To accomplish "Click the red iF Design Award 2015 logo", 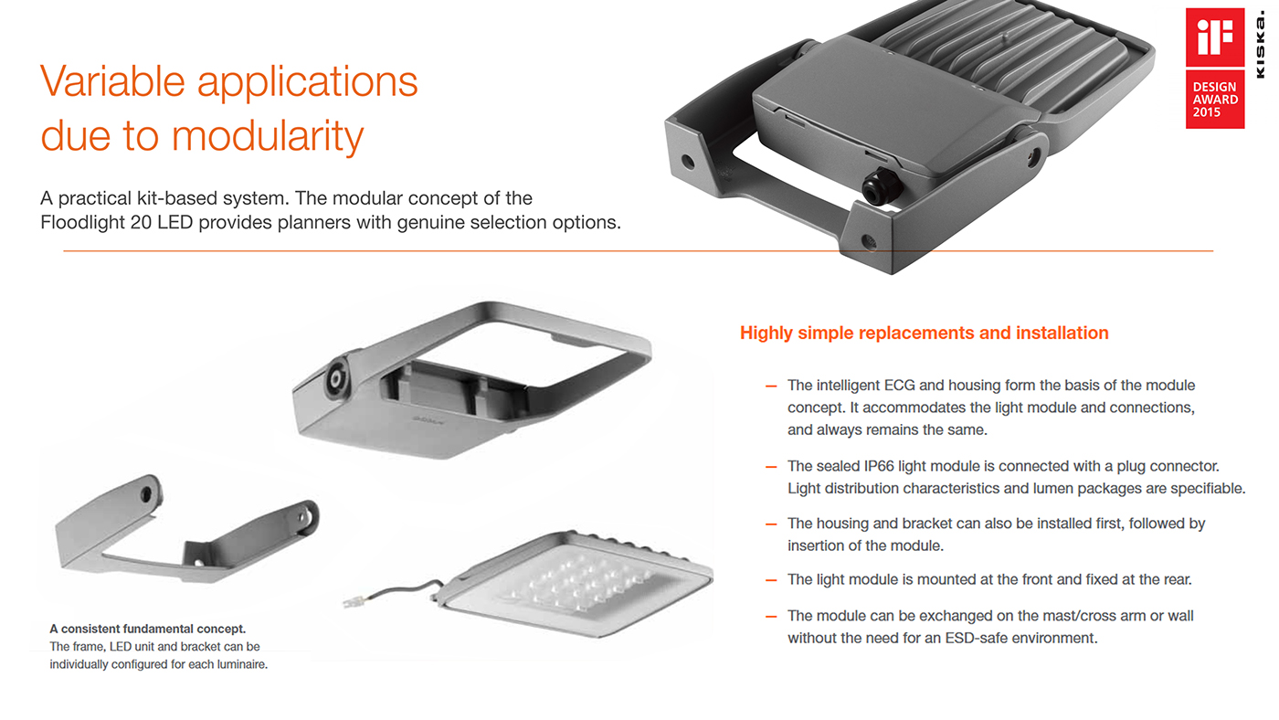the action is (1214, 68).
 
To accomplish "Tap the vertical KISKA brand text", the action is (1260, 44).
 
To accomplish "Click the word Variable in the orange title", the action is (112, 81).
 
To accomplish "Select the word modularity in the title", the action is (267, 136).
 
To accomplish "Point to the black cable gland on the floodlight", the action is (879, 186).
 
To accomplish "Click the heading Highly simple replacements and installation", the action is (924, 333).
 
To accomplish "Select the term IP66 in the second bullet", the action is (879, 466).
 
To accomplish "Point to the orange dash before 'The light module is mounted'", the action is (771, 581).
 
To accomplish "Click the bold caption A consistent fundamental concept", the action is (147, 629).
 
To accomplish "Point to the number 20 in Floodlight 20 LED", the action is (141, 222).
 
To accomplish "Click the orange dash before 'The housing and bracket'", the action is (771, 524).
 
